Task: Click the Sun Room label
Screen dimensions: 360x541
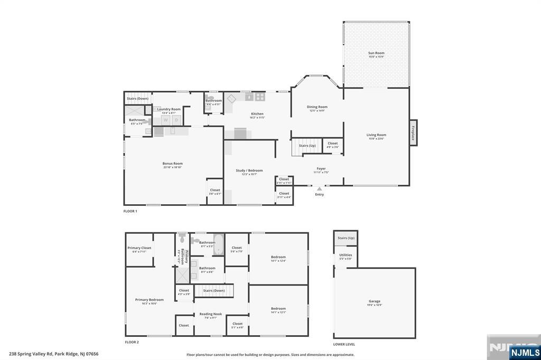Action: point(376,53)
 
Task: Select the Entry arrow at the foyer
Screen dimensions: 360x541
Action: point(319,188)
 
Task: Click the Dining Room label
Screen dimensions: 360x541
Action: point(317,107)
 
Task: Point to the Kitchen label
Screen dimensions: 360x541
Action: point(257,114)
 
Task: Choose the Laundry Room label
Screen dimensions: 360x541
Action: point(169,109)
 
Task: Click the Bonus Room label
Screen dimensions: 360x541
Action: point(172,164)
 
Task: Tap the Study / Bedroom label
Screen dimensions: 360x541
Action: point(249,170)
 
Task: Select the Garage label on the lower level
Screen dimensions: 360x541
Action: point(375,301)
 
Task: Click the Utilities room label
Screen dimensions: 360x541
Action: point(346,255)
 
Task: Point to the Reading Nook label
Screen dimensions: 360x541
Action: point(210,314)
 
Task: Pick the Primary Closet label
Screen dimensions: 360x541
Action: point(139,248)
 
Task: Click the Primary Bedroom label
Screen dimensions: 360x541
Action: point(149,300)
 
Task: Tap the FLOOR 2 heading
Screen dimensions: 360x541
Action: point(132,342)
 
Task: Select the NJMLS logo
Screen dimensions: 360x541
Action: point(525,352)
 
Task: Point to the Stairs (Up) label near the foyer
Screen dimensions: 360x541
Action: point(307,146)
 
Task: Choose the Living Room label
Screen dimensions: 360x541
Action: point(376,135)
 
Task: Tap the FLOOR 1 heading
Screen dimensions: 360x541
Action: point(130,211)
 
